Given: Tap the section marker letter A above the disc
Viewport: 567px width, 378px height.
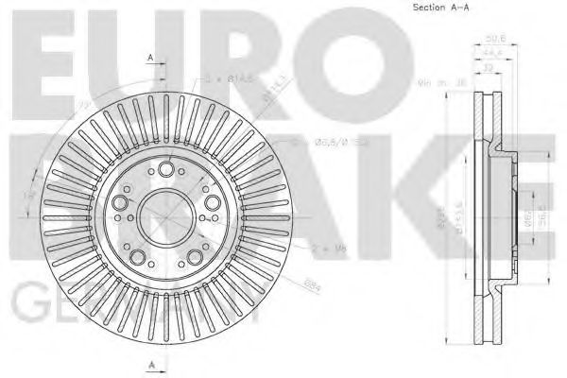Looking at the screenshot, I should [150, 59].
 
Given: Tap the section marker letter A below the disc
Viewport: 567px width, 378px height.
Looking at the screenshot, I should [150, 363].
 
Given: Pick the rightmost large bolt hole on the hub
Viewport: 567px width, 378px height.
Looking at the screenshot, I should [209, 201].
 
